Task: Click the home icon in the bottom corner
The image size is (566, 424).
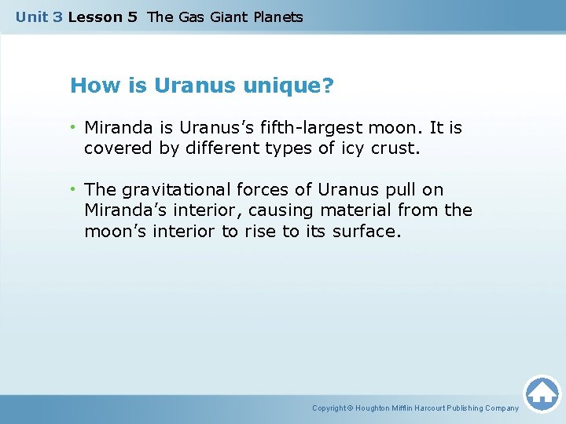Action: click(x=542, y=393)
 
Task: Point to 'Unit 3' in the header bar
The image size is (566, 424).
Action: click(x=39, y=16)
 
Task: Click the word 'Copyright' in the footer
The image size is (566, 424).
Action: click(x=329, y=408)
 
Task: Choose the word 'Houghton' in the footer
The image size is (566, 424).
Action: click(x=374, y=408)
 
